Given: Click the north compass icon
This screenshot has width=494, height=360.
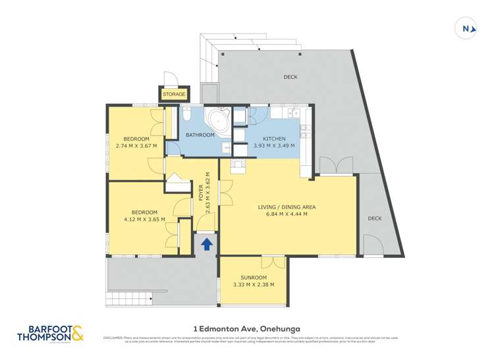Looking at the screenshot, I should pyautogui.click(x=466, y=28).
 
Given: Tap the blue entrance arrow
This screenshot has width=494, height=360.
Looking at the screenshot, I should pyautogui.click(x=206, y=244).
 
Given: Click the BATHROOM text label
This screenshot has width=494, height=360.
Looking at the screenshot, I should pyautogui.click(x=200, y=135).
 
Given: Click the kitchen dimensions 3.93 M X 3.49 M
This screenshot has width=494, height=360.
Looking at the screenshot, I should pyautogui.click(x=274, y=147).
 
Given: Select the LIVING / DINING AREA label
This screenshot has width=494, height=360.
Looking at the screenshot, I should pyautogui.click(x=287, y=207).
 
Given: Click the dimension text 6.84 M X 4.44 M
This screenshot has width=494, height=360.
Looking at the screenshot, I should pyautogui.click(x=287, y=214).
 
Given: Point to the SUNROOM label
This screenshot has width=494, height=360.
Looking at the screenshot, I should pyautogui.click(x=253, y=278).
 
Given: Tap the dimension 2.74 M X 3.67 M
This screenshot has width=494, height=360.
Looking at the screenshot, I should pyautogui.click(x=136, y=146).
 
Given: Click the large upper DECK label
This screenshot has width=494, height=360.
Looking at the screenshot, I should pyautogui.click(x=290, y=77).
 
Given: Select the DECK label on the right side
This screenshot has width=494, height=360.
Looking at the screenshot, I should pyautogui.click(x=374, y=219).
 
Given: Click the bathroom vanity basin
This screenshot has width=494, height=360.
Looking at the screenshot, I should pyautogui.click(x=225, y=147).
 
